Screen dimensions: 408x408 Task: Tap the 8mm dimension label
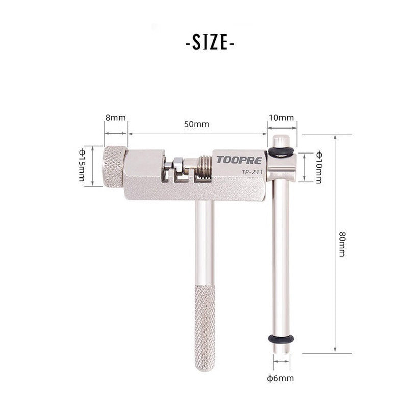click(115, 118)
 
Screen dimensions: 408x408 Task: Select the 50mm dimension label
click(196, 124)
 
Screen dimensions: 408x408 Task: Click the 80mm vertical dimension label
click(341, 244)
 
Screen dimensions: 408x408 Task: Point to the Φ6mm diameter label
click(280, 378)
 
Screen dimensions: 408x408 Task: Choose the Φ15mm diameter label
click(82, 165)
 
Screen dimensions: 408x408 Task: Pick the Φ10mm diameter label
click(319, 167)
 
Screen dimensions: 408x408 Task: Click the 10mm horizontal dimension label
click(281, 118)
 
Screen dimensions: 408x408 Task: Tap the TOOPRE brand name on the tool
click(238, 159)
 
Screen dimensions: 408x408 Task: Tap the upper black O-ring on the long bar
click(280, 151)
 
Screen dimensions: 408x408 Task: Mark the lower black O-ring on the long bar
click(280, 338)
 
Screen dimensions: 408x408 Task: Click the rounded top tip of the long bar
click(281, 138)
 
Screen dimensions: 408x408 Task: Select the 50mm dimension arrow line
click(197, 134)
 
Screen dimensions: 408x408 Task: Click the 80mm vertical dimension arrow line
click(335, 244)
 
